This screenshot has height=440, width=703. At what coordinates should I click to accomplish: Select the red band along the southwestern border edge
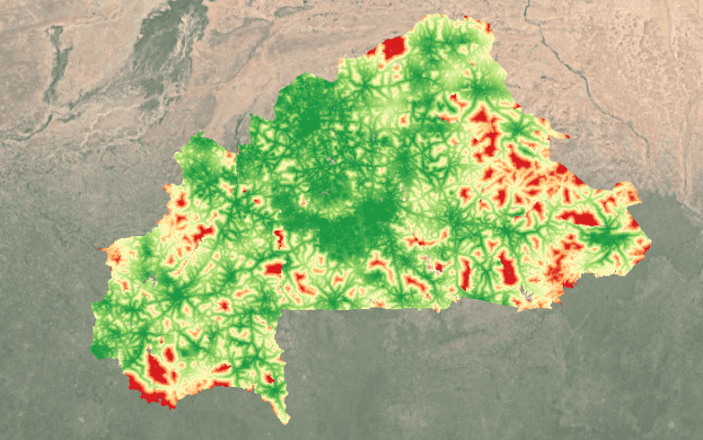point(151,395)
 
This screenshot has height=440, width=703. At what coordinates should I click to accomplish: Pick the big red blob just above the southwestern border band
point(158,368)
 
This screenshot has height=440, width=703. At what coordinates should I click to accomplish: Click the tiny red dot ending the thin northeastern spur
point(568,138)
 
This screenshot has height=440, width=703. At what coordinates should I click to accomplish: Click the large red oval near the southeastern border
point(506,267)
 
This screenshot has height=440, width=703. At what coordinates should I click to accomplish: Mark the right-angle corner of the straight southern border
point(285,309)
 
